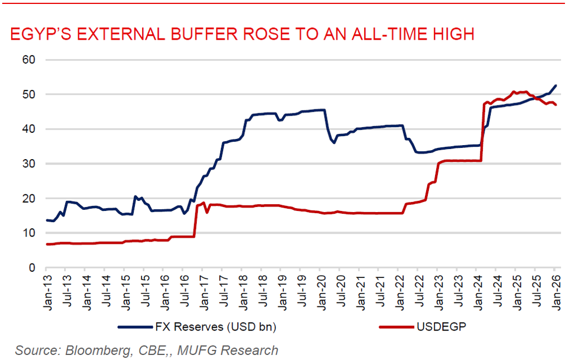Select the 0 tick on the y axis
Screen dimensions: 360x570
(32, 268)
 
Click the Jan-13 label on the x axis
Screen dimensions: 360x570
(47, 289)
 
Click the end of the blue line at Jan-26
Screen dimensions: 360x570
(555, 85)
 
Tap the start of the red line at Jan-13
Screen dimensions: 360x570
(47, 244)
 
